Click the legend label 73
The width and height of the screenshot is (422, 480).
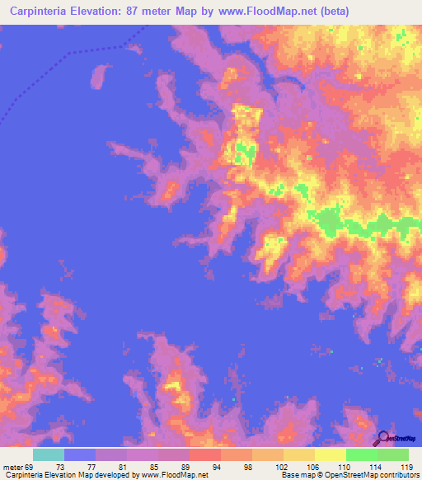point(60,467)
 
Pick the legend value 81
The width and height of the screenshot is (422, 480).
point(123,467)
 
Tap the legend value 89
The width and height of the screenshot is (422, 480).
point(185,467)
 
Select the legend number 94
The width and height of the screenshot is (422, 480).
point(218,467)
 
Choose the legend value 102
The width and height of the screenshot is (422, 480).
point(281,467)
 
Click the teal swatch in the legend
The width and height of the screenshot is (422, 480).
point(49,454)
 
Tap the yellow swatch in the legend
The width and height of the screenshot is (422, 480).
point(331,454)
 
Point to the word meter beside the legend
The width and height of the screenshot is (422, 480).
point(12,467)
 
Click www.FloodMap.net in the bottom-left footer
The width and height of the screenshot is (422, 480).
point(176,475)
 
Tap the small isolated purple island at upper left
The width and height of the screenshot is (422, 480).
point(100,77)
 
